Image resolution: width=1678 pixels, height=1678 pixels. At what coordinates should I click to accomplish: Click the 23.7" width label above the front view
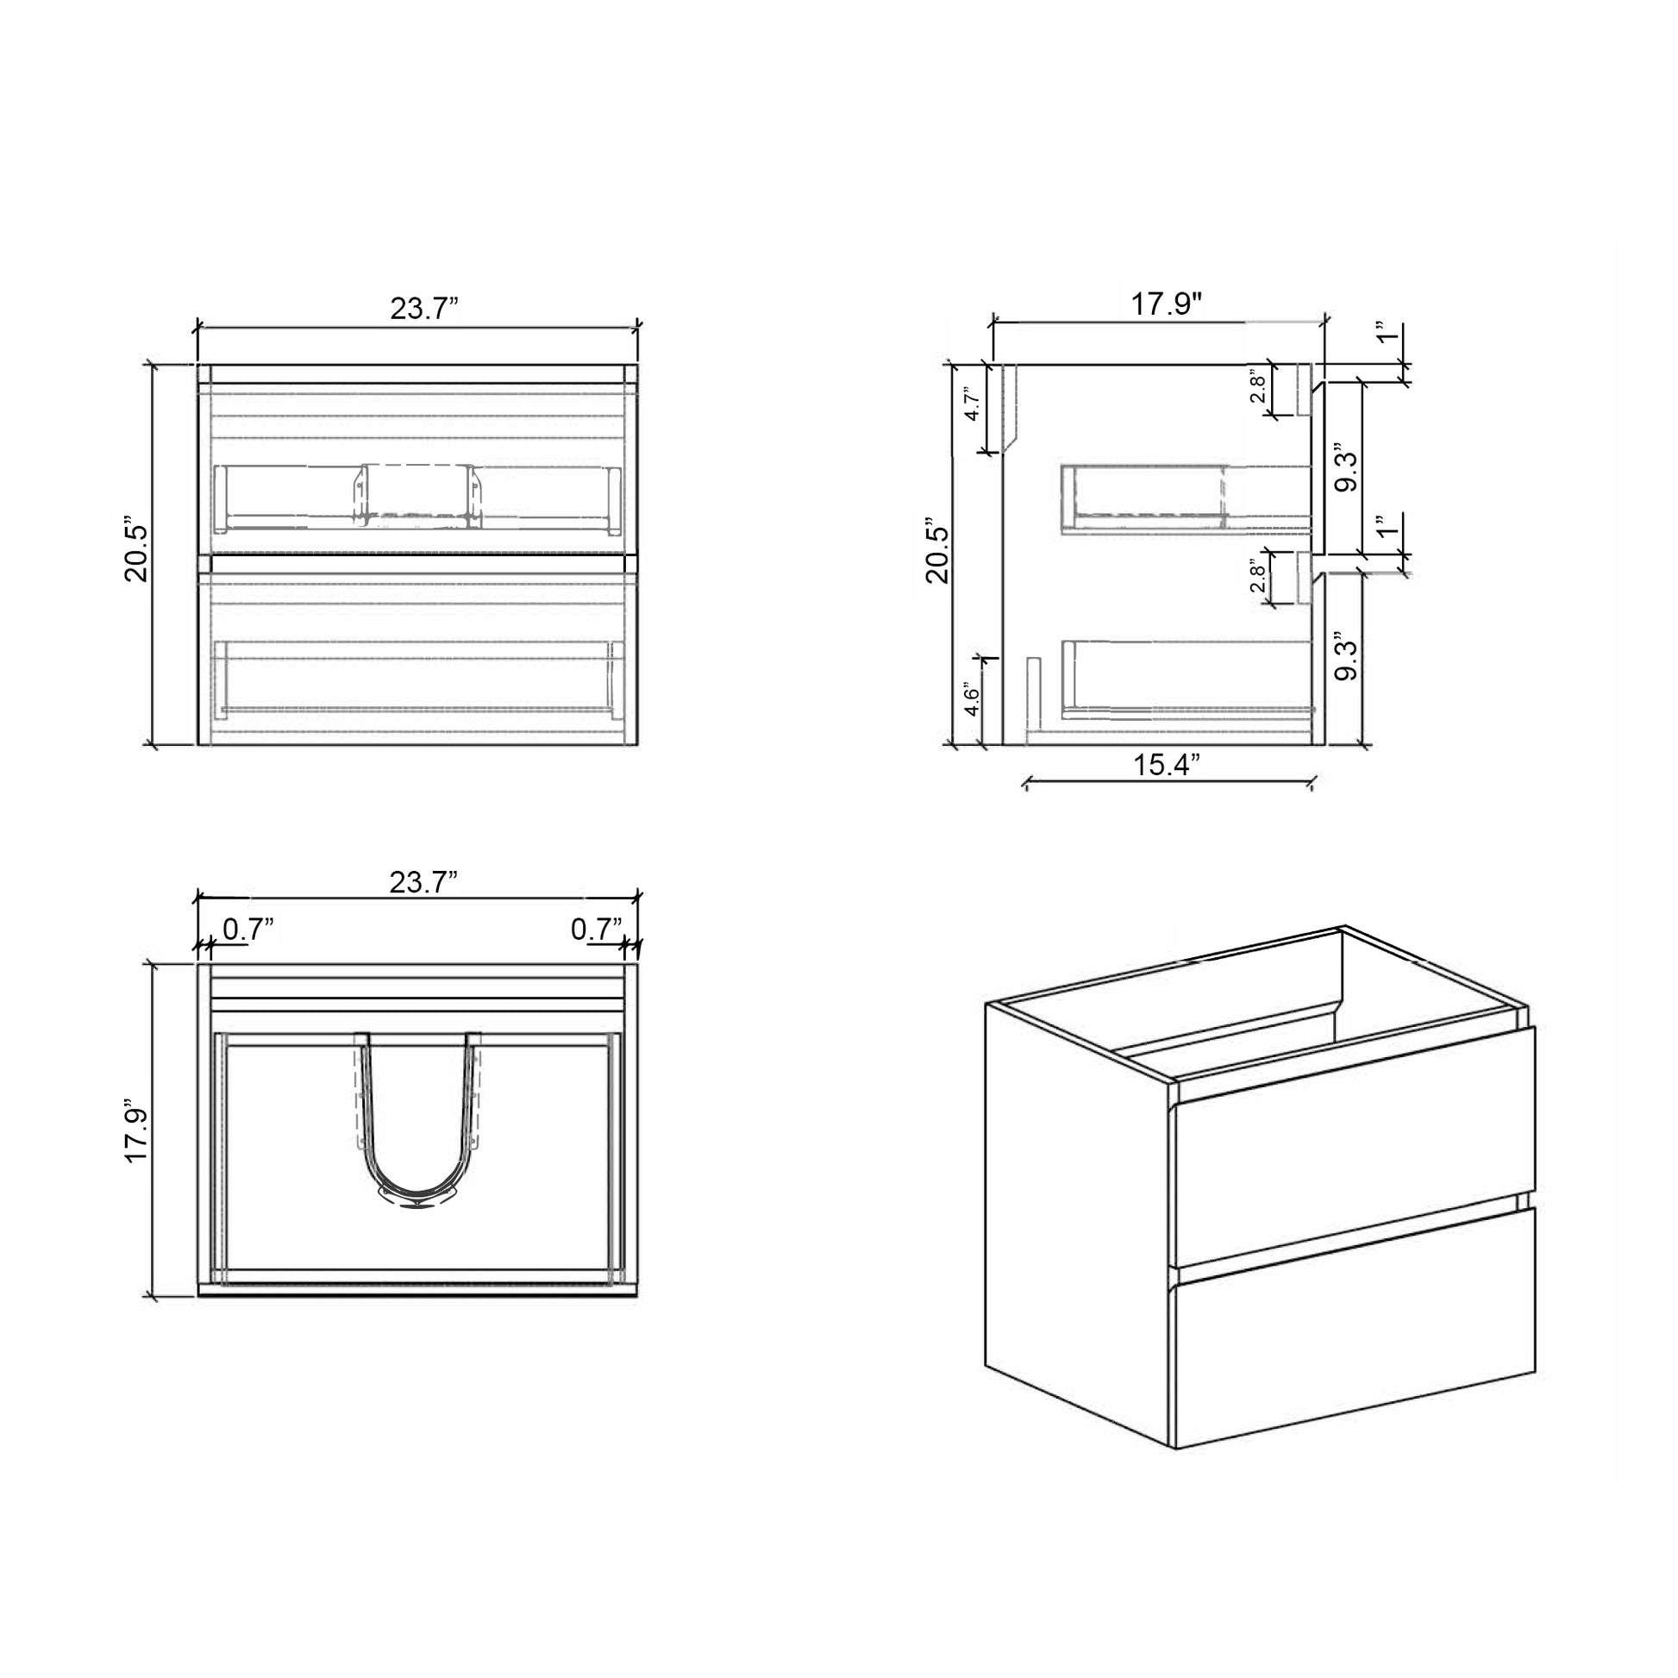click(x=424, y=309)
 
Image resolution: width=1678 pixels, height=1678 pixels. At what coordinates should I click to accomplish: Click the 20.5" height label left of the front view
click(x=137, y=554)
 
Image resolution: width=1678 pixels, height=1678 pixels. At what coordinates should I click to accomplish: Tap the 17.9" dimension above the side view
click(x=1167, y=305)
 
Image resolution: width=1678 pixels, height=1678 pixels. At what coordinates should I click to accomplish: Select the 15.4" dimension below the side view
click(x=1167, y=765)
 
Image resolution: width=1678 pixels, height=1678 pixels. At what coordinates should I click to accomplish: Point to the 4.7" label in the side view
click(x=973, y=403)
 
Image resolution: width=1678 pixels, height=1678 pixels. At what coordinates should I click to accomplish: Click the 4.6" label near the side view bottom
click(x=972, y=700)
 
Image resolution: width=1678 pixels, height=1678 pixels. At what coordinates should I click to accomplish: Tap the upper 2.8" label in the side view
click(x=1256, y=387)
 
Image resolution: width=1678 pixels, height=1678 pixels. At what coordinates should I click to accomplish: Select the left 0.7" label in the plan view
click(x=248, y=930)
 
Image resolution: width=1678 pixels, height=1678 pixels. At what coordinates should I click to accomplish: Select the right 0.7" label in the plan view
click(x=596, y=930)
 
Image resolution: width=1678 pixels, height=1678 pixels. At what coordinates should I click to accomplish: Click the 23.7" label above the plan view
click(x=423, y=882)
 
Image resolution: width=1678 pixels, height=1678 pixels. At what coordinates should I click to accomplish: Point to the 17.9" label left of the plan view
click(x=137, y=1135)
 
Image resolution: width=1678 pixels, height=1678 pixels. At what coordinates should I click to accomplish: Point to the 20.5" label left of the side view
click(x=938, y=554)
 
